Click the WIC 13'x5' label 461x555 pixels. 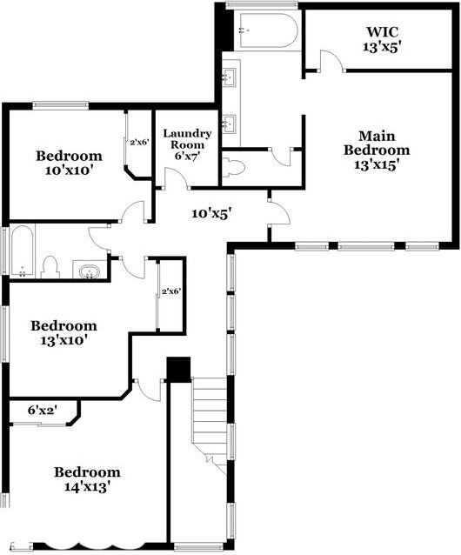pos(380,40)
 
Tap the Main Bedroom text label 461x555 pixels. pos(384,150)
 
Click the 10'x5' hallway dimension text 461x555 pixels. pos(211,211)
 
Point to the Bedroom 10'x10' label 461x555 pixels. pos(69,163)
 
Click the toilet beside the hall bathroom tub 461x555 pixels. pos(50,265)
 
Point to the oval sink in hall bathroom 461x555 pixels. pos(89,272)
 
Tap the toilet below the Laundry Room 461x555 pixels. pos(230,168)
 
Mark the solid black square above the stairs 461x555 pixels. pos(178,369)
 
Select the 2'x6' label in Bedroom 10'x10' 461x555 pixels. pos(138,142)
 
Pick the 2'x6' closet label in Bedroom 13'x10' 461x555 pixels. pos(170,292)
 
